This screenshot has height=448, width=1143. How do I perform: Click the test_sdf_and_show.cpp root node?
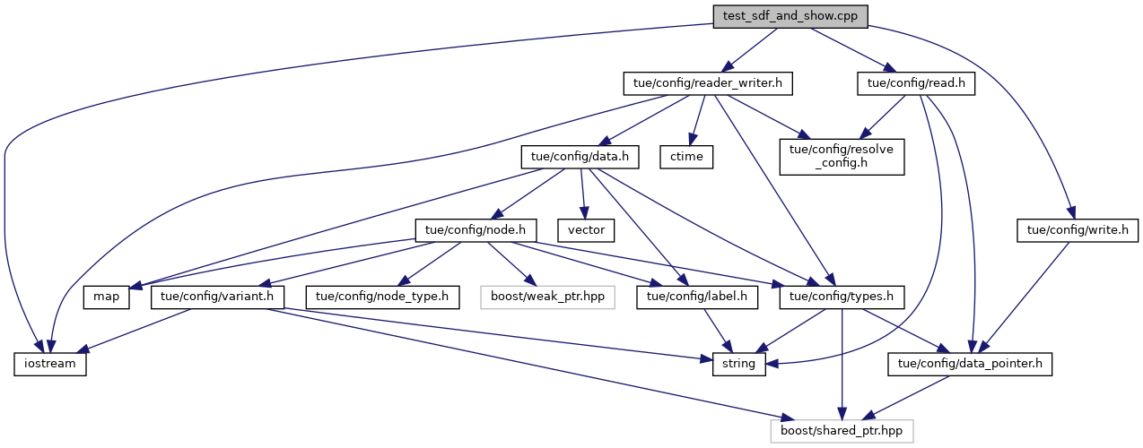(x=790, y=16)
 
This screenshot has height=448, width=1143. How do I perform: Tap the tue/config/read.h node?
(x=916, y=83)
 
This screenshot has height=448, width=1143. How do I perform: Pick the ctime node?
(x=685, y=157)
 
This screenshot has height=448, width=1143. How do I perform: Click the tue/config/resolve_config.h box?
(x=841, y=156)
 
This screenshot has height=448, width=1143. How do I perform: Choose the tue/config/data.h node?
(x=580, y=157)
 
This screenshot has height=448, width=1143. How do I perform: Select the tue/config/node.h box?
(x=476, y=230)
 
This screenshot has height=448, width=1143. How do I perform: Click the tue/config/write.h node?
(x=1075, y=230)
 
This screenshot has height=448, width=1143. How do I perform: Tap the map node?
(x=108, y=297)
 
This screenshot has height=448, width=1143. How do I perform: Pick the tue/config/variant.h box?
(x=217, y=297)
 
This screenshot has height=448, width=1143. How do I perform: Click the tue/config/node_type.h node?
(x=382, y=297)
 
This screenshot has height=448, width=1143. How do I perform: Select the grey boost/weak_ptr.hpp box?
(x=547, y=297)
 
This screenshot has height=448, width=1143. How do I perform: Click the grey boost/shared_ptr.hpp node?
(x=842, y=431)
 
